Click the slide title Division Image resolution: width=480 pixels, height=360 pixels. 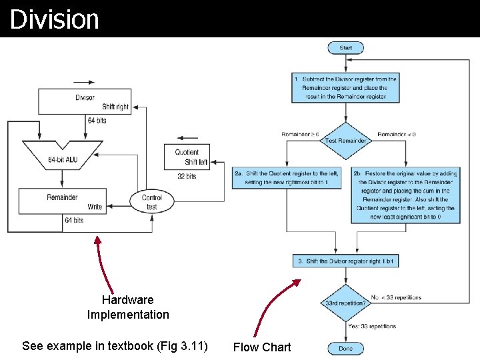click(55, 19)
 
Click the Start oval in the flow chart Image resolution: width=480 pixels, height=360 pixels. click(345, 48)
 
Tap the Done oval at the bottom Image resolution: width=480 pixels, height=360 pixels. click(345, 348)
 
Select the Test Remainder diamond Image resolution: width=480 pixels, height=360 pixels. click(345, 141)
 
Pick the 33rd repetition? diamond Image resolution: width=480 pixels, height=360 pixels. click(345, 303)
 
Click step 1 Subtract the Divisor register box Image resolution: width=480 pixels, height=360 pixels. click(345, 88)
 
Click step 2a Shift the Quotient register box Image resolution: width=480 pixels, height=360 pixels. click(287, 178)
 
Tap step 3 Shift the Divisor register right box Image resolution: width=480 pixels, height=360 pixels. click(345, 261)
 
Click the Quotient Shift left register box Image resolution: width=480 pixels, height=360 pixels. click(187, 157)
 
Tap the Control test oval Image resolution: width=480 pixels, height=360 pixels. click(151, 202)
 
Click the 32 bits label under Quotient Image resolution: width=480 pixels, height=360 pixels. click(187, 177)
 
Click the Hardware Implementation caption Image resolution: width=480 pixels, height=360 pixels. click(128, 307)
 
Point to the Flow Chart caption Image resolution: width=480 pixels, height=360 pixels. click(262, 347)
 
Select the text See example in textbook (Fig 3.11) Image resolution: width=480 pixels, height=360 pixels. click(115, 346)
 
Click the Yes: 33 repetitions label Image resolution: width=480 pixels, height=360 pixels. click(371, 326)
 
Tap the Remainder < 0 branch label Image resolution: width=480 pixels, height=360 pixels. click(396, 134)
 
